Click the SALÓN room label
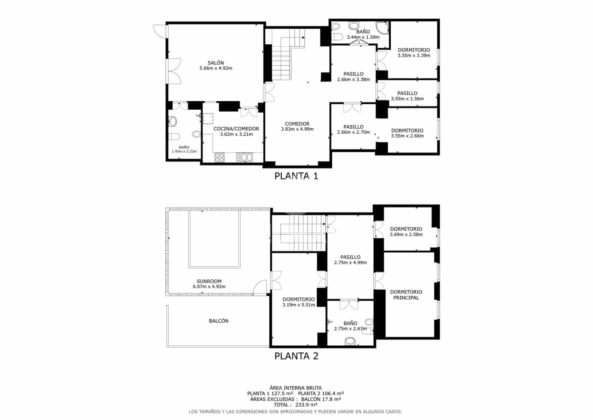(x=216, y=63)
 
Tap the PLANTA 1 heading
(x=296, y=176)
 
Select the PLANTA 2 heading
(x=296, y=356)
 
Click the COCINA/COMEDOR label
(x=236, y=129)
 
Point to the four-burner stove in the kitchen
(x=219, y=157)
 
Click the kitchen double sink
(x=244, y=157)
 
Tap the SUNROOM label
(x=209, y=281)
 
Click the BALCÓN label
(x=219, y=321)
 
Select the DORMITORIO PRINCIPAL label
(x=406, y=295)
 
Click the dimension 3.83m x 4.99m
(x=297, y=129)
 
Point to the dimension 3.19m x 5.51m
(x=298, y=305)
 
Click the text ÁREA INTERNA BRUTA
(x=295, y=388)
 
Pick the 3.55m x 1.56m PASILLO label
(x=407, y=96)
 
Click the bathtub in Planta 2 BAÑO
(x=350, y=341)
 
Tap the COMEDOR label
(x=297, y=124)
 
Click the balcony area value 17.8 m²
(x=329, y=399)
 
